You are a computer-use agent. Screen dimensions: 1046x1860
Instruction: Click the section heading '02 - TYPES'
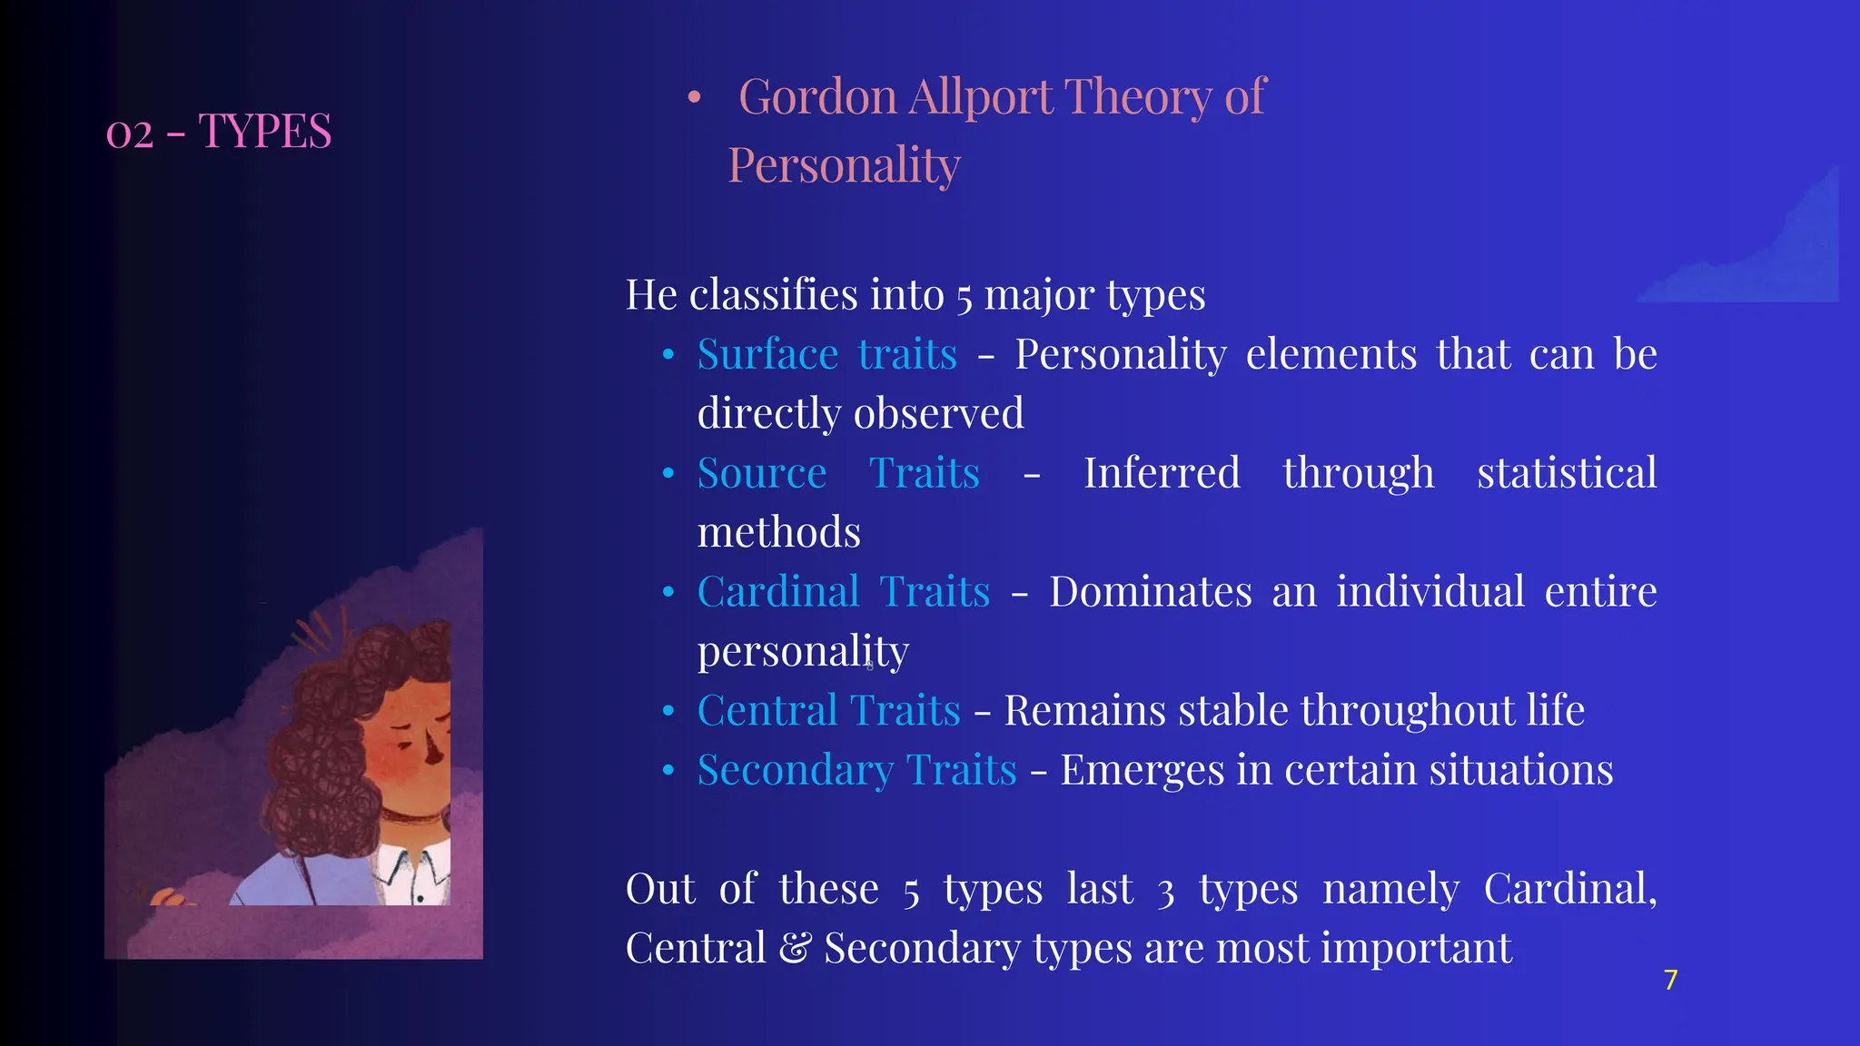tap(219, 132)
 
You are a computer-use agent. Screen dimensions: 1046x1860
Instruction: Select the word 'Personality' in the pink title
tap(844, 165)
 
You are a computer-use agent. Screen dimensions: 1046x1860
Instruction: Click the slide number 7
tap(1670, 980)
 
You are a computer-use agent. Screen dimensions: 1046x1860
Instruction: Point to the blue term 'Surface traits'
tap(826, 354)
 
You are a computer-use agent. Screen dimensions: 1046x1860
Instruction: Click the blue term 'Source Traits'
tap(837, 473)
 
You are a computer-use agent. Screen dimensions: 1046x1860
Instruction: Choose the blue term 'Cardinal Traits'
tap(843, 592)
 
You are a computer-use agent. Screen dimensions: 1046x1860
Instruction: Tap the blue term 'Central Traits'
tap(828, 711)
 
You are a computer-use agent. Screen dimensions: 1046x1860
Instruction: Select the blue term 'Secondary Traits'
tap(856, 770)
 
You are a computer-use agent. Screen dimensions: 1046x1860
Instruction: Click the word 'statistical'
tap(1567, 473)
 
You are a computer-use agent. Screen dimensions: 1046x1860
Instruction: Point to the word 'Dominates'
tap(1151, 592)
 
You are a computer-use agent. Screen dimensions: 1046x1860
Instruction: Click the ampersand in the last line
tap(795, 949)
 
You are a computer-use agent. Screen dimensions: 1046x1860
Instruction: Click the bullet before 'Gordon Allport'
tap(695, 97)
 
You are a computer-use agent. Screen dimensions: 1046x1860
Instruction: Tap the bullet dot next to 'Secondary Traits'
tap(668, 771)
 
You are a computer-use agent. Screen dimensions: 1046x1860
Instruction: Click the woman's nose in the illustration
tap(434, 750)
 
